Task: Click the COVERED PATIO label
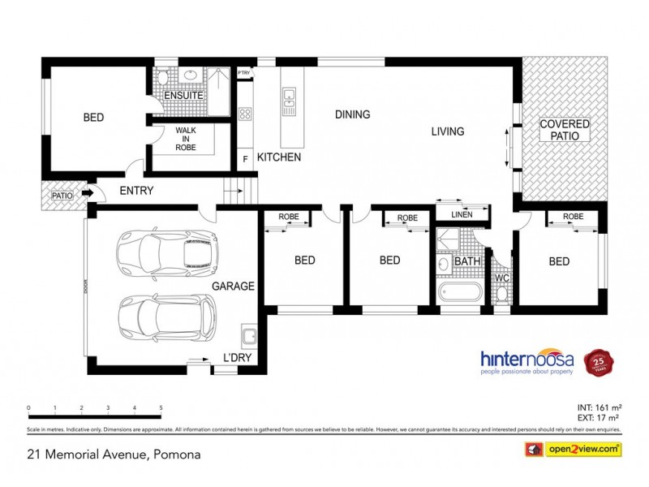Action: tap(565, 131)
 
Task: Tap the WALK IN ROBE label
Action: tap(186, 138)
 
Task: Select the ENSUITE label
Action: tap(184, 96)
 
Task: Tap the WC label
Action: tap(502, 278)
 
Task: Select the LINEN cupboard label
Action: tap(462, 215)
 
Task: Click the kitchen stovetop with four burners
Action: tap(245, 114)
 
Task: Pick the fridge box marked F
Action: tap(245, 159)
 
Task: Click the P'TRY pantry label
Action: tap(244, 73)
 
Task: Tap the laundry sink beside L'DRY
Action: tap(248, 336)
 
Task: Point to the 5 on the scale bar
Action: tap(161, 407)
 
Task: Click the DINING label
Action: tap(352, 114)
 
